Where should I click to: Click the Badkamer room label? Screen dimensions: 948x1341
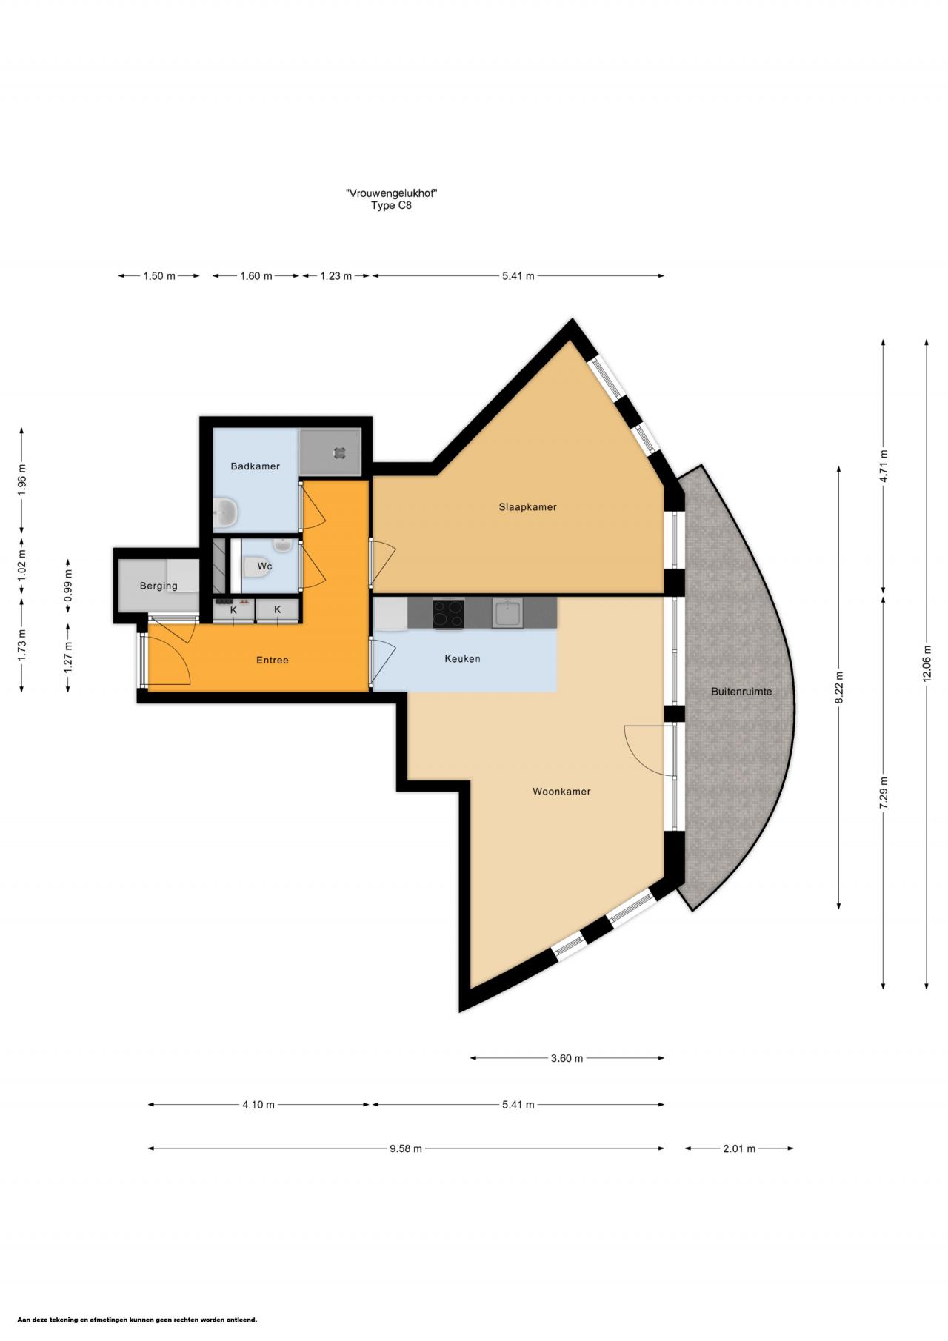255,466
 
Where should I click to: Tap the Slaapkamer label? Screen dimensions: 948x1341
527,507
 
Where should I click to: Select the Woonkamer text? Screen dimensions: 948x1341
561,792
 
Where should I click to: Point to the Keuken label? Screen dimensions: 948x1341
462,658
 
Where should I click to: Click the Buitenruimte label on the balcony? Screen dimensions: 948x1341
741,692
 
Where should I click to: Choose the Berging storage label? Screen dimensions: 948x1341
158,586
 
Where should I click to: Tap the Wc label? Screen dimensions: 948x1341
264,566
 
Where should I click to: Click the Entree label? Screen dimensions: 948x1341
272,660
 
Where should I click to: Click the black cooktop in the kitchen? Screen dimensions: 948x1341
448,613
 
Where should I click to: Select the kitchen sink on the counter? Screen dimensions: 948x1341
507,613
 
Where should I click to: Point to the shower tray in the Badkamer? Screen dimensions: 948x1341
330,452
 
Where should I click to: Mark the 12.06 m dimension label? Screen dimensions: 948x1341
927,663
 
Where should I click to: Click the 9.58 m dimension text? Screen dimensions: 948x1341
405,1148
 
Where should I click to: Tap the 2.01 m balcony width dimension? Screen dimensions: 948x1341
739,1148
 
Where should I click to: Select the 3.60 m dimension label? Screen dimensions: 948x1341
567,1058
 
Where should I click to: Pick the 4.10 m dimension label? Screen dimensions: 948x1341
258,1105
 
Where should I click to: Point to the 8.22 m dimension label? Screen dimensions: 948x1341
839,688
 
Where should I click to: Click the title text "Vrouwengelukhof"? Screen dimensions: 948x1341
391,193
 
